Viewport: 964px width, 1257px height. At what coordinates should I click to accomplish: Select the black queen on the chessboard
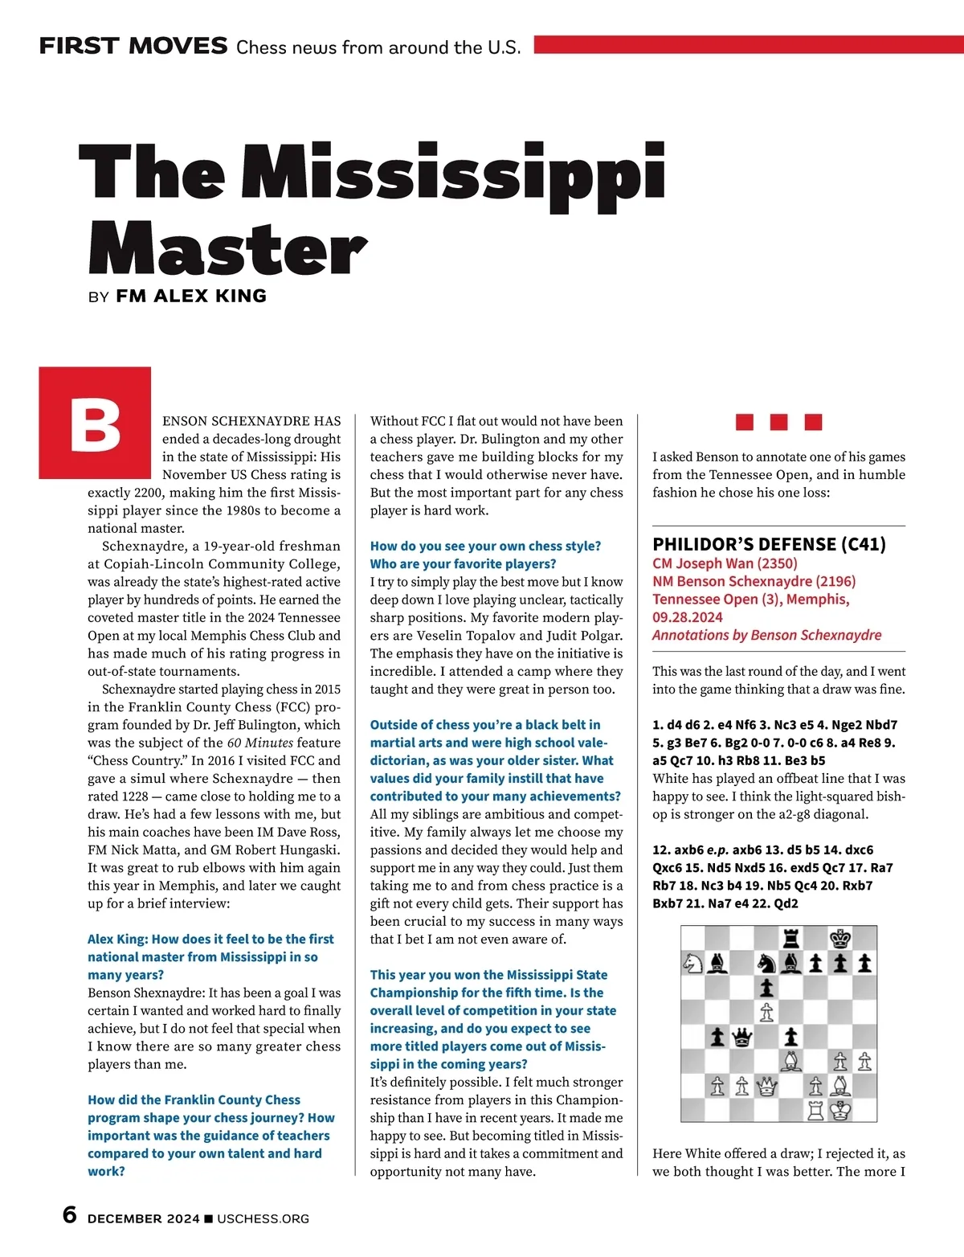pyautogui.click(x=742, y=1038)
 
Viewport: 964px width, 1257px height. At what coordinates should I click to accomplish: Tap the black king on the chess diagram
pyautogui.click(x=840, y=939)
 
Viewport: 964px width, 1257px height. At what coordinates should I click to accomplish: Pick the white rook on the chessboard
pyautogui.click(x=816, y=1111)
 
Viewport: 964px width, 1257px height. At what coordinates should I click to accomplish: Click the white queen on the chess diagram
pyautogui.click(x=767, y=1087)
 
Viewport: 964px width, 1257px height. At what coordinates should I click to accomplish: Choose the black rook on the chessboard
pyautogui.click(x=791, y=939)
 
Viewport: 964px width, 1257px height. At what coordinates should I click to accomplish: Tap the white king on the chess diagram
pyautogui.click(x=840, y=1111)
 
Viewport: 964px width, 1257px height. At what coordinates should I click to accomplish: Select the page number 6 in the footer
pyautogui.click(x=70, y=1215)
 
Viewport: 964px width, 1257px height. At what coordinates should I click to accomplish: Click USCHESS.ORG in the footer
pyautogui.click(x=263, y=1218)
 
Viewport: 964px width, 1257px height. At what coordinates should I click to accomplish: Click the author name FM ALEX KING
pyautogui.click(x=191, y=296)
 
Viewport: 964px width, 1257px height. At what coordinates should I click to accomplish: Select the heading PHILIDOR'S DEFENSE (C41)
pyautogui.click(x=769, y=544)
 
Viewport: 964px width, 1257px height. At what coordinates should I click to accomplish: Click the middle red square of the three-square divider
pyautogui.click(x=778, y=422)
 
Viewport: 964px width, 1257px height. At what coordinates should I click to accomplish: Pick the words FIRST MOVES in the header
pyautogui.click(x=133, y=46)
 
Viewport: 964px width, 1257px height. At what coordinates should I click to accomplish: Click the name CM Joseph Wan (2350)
pyautogui.click(x=725, y=563)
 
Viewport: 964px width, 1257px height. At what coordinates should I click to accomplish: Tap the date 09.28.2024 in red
pyautogui.click(x=688, y=617)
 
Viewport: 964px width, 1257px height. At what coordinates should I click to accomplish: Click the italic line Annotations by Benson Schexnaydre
pyautogui.click(x=766, y=635)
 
